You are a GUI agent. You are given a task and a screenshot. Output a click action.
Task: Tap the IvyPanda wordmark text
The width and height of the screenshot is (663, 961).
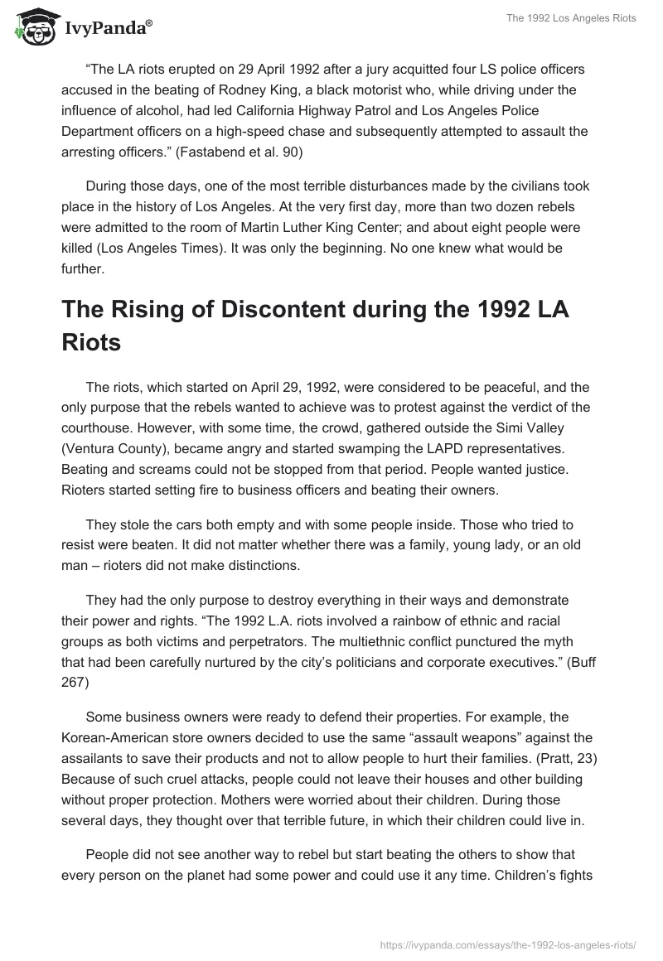[x=106, y=30]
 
